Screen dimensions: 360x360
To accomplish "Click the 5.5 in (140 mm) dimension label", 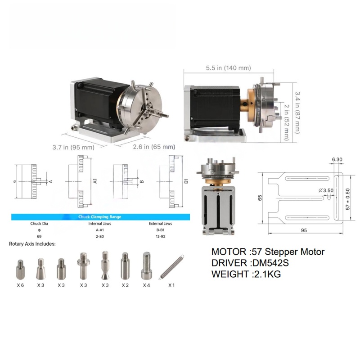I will (228, 68).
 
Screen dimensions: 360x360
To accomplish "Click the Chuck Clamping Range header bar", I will (100, 217).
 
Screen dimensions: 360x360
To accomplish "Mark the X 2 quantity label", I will (125, 285).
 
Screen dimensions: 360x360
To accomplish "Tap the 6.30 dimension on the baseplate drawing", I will (337, 159).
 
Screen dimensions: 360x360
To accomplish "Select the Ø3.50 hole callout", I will (327, 191).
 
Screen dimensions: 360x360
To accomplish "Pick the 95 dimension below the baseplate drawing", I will (304, 230).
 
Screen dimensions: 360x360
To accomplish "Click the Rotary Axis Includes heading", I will (32, 244).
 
